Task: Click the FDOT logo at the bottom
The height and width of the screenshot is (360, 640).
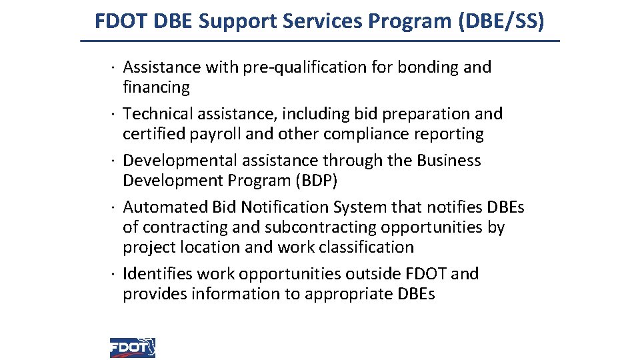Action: (133, 347)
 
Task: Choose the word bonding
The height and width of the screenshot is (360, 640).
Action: (428, 67)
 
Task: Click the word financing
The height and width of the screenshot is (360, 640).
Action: (156, 87)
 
